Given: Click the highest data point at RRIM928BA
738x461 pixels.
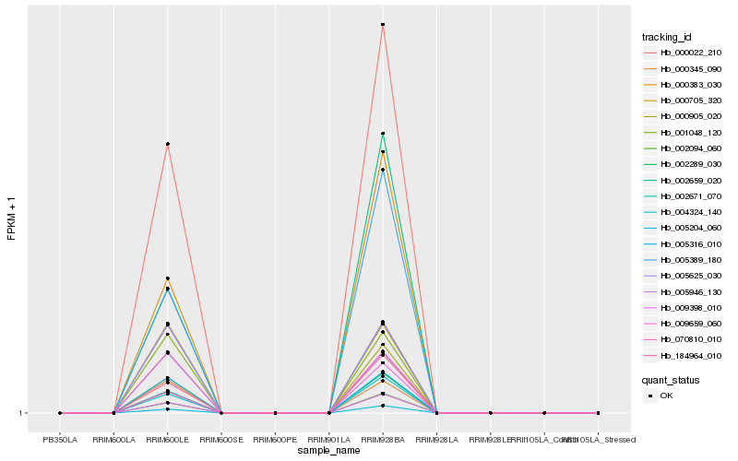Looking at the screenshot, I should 383,24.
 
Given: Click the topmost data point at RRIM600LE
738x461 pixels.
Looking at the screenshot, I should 167,144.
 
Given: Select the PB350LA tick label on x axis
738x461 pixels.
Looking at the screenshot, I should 60,427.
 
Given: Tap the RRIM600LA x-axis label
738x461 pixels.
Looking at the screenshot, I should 113,427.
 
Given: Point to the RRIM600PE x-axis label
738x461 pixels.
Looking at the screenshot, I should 275,427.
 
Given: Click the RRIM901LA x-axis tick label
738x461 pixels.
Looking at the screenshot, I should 328,427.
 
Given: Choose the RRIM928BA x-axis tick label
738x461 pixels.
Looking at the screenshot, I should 383,427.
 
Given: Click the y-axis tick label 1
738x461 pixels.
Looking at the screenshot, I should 21,413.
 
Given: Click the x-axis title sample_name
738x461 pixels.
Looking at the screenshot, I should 328,450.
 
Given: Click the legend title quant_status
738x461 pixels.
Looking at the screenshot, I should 671,379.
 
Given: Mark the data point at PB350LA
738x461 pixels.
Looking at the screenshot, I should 60,413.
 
